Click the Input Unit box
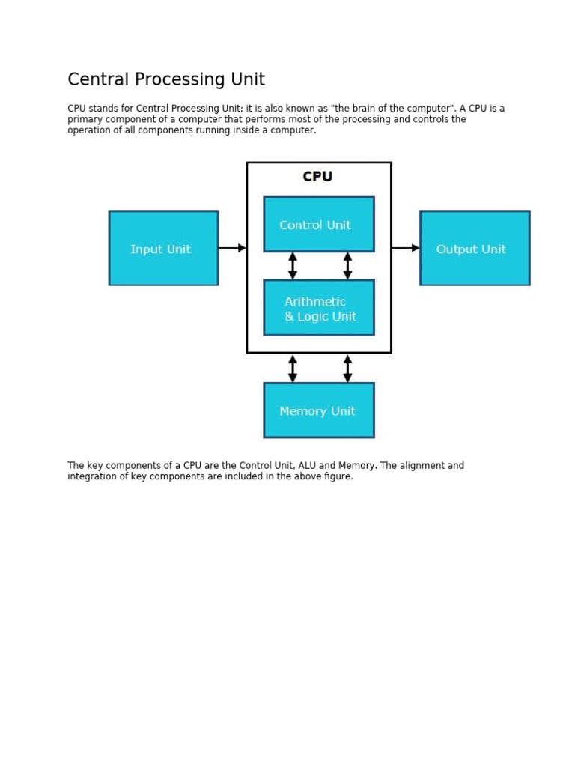(163, 248)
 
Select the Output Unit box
(475, 248)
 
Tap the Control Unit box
(319, 224)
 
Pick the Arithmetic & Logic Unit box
(319, 308)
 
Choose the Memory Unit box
(319, 410)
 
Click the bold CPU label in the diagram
(317, 177)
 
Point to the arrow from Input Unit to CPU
(232, 247)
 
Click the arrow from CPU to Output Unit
(406, 247)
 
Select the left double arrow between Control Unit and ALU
(293, 265)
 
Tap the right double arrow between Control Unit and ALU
(347, 265)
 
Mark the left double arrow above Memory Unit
(293, 368)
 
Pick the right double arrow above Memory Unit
(347, 368)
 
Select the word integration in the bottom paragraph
(93, 476)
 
